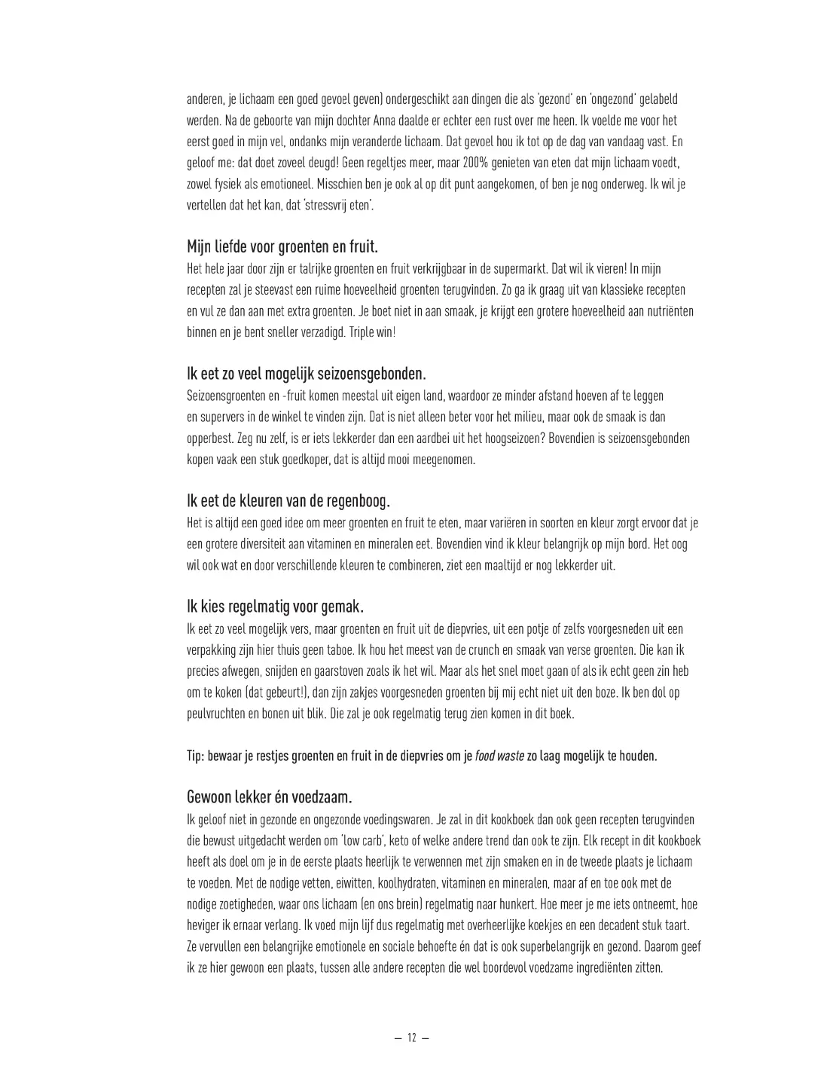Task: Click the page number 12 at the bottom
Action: pyautogui.click(x=411, y=1038)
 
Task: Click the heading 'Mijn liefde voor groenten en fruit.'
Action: pyautogui.click(x=282, y=247)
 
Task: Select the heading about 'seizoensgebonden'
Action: pyautogui.click(x=307, y=374)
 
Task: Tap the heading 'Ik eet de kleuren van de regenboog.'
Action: pyautogui.click(x=288, y=502)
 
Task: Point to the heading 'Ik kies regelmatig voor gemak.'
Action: pyautogui.click(x=276, y=607)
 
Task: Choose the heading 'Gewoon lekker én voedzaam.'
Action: pyautogui.click(x=269, y=797)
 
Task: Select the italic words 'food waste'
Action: pyautogui.click(x=500, y=756)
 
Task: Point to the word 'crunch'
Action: pyautogui.click(x=481, y=650)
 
